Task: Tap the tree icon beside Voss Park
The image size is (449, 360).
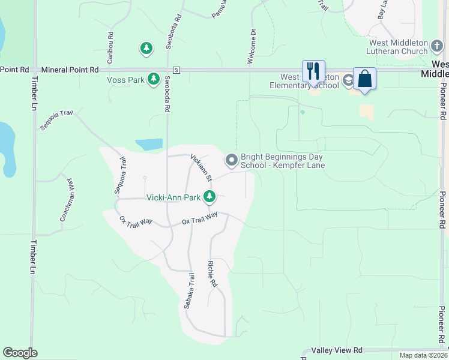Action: (154, 79)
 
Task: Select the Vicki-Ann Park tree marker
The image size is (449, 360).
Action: (209, 196)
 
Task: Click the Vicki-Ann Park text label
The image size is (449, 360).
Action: (173, 197)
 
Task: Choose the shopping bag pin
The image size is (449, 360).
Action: (364, 79)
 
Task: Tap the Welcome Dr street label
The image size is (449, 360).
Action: (252, 46)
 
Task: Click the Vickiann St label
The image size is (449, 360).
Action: (202, 167)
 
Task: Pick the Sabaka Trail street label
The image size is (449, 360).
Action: (189, 291)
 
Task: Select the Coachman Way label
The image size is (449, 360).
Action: (67, 200)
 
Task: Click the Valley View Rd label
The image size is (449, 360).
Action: (337, 350)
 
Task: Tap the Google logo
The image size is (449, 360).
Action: (20, 353)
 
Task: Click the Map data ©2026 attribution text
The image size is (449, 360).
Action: (423, 356)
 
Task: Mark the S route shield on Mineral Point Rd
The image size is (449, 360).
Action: (176, 70)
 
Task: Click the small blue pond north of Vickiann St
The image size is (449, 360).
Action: (149, 145)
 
